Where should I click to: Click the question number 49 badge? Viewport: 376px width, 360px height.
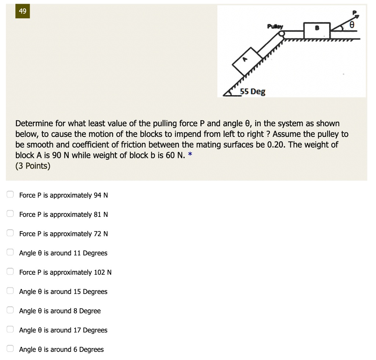23,11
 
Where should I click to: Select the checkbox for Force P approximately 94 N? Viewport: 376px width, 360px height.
11,194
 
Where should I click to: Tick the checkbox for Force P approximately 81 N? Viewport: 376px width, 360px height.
11,214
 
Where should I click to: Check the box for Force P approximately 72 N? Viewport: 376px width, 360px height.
11,233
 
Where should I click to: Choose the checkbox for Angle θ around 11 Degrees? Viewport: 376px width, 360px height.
11,252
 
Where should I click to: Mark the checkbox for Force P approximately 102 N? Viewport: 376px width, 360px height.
11,272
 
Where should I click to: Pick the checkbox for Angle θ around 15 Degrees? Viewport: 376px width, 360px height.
11,291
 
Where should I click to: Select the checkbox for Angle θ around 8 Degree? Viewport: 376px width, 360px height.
11,310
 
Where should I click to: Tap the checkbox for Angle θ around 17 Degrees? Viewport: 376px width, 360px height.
11,330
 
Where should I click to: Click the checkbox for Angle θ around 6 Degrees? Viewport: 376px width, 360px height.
11,349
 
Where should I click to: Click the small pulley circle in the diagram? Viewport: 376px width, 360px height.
282,34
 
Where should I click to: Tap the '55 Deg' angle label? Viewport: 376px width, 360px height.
253,92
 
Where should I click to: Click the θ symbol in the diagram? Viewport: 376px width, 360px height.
352,25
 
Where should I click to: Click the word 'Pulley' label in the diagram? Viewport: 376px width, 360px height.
275,26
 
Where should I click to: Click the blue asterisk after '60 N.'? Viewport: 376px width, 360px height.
189,154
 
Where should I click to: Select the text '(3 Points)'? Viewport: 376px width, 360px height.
33,166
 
